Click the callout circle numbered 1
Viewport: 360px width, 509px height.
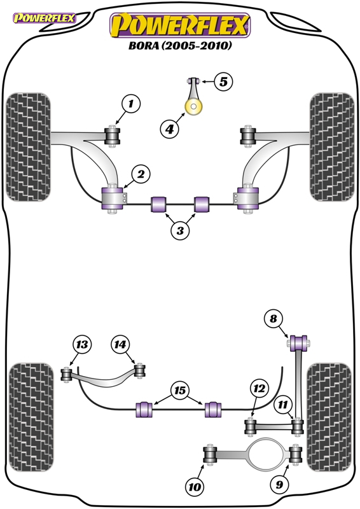[131, 104]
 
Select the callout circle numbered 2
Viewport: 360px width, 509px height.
[141, 174]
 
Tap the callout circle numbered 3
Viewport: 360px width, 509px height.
[180, 230]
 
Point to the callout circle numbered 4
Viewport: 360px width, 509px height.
[169, 129]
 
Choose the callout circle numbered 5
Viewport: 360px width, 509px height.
[223, 81]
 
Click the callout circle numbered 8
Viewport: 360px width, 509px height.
[273, 319]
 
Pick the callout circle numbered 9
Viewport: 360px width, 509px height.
[279, 484]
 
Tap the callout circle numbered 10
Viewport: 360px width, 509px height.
[195, 487]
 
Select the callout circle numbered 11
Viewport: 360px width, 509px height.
[283, 405]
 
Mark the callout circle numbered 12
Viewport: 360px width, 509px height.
[260, 388]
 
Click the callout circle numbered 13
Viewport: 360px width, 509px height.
[82, 344]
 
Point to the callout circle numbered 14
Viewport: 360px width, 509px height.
[120, 344]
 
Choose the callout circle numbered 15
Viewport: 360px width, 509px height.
[180, 390]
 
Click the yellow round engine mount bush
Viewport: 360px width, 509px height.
[193, 106]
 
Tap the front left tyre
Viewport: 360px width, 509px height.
[28, 147]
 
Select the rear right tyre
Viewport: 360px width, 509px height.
[329, 417]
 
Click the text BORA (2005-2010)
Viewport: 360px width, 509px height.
[180, 45]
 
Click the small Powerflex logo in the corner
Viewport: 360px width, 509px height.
[45, 18]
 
